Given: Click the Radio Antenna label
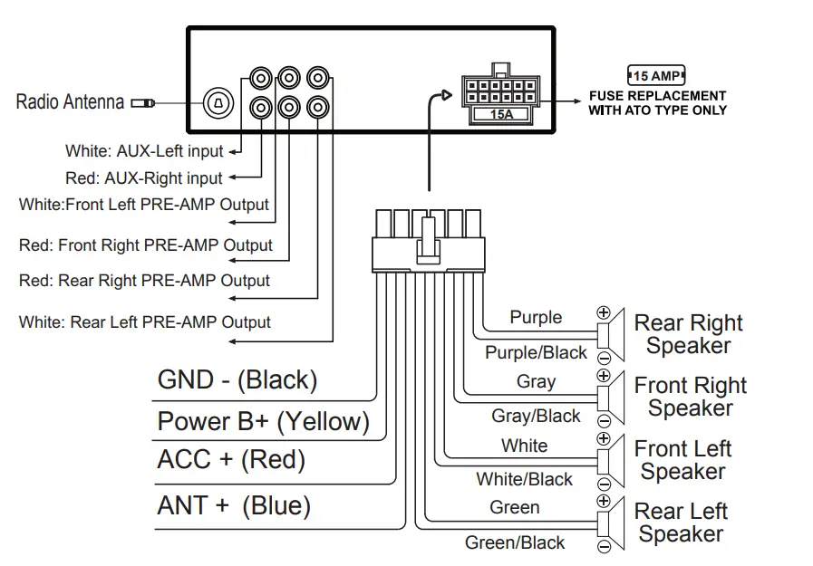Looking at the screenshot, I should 70,101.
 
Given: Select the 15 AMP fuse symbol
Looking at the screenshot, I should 656,75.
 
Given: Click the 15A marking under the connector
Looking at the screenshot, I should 500,114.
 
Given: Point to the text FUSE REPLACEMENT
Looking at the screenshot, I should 657,95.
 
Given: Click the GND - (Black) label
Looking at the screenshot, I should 237,379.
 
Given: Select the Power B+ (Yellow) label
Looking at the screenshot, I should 263,421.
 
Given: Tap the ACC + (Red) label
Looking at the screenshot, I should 231,459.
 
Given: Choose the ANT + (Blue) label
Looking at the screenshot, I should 234,505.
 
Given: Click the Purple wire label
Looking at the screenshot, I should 536,317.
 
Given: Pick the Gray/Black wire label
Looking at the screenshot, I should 536,416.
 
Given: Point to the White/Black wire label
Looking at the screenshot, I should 525,479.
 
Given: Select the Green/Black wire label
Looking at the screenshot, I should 515,542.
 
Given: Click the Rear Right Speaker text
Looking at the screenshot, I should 688,334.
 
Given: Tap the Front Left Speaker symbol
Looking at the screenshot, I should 612,459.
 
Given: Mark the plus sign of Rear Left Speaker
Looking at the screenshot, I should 604,501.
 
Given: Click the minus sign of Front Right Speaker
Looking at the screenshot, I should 604,419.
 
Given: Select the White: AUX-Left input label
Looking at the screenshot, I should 144,151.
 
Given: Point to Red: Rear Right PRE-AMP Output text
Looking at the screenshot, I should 144,281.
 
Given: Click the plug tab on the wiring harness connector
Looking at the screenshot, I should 424,246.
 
